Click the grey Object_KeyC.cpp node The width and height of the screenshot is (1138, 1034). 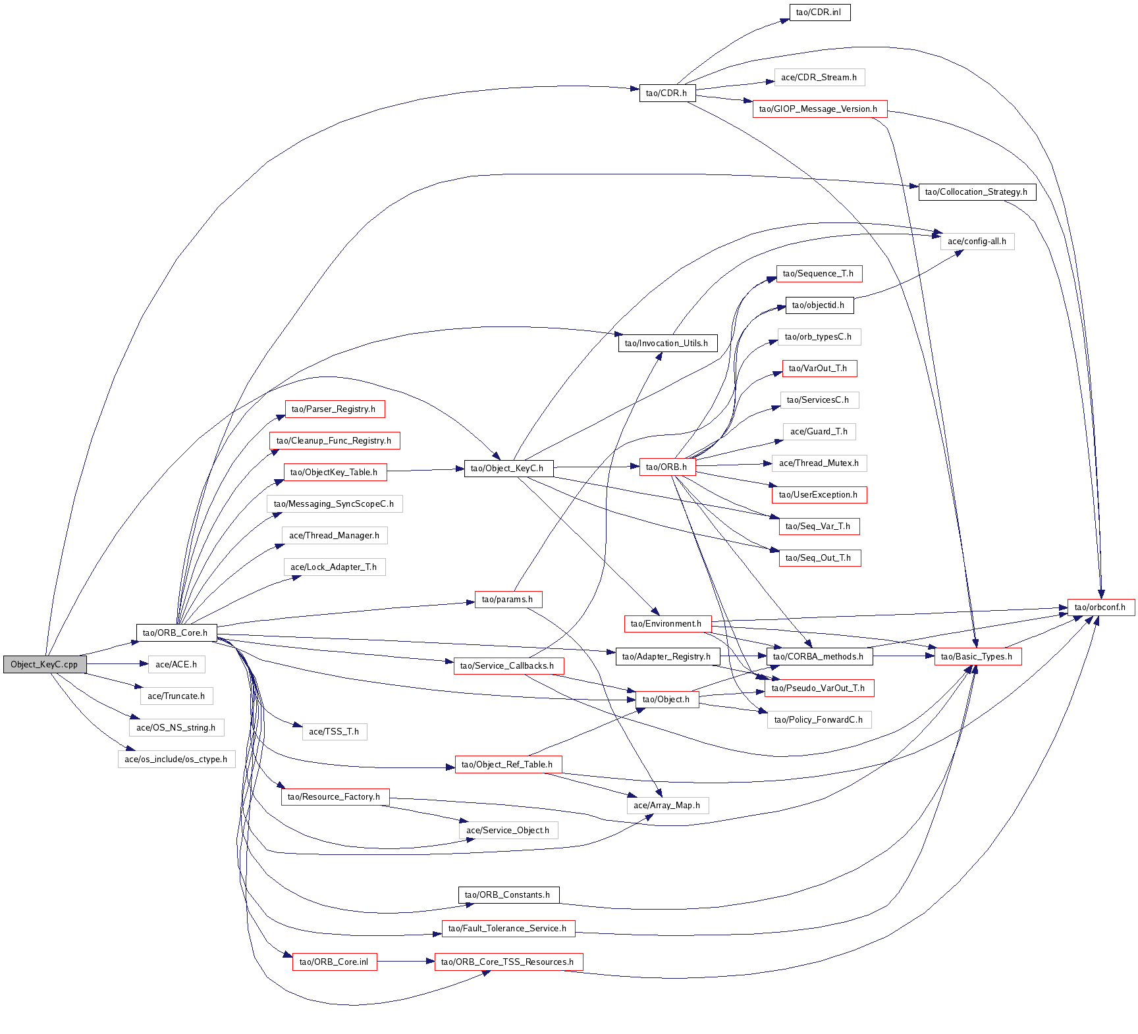44,664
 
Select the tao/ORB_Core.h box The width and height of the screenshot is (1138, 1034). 175,633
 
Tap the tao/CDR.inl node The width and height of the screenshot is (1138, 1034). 819,12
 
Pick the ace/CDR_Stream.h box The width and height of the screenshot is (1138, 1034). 819,77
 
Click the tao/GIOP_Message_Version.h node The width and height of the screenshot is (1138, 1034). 819,109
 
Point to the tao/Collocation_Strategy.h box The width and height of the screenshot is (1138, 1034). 976,192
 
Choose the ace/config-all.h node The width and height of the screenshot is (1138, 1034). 977,241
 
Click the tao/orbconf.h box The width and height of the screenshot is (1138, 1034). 1100,607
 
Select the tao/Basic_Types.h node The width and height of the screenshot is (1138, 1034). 977,656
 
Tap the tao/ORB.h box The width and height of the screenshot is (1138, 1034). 666,467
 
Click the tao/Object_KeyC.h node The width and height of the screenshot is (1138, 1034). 508,468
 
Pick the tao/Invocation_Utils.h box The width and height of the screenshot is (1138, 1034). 666,343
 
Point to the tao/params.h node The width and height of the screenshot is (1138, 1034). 508,599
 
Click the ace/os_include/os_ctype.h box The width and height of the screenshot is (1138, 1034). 176,759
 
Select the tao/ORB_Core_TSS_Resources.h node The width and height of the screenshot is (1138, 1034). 508,962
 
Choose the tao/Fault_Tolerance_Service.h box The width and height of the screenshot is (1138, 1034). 508,928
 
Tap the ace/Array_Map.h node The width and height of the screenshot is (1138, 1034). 667,805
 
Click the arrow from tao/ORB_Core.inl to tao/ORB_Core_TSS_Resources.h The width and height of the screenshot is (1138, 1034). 406,962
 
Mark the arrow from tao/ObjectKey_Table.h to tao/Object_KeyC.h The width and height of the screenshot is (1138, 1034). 425,470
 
